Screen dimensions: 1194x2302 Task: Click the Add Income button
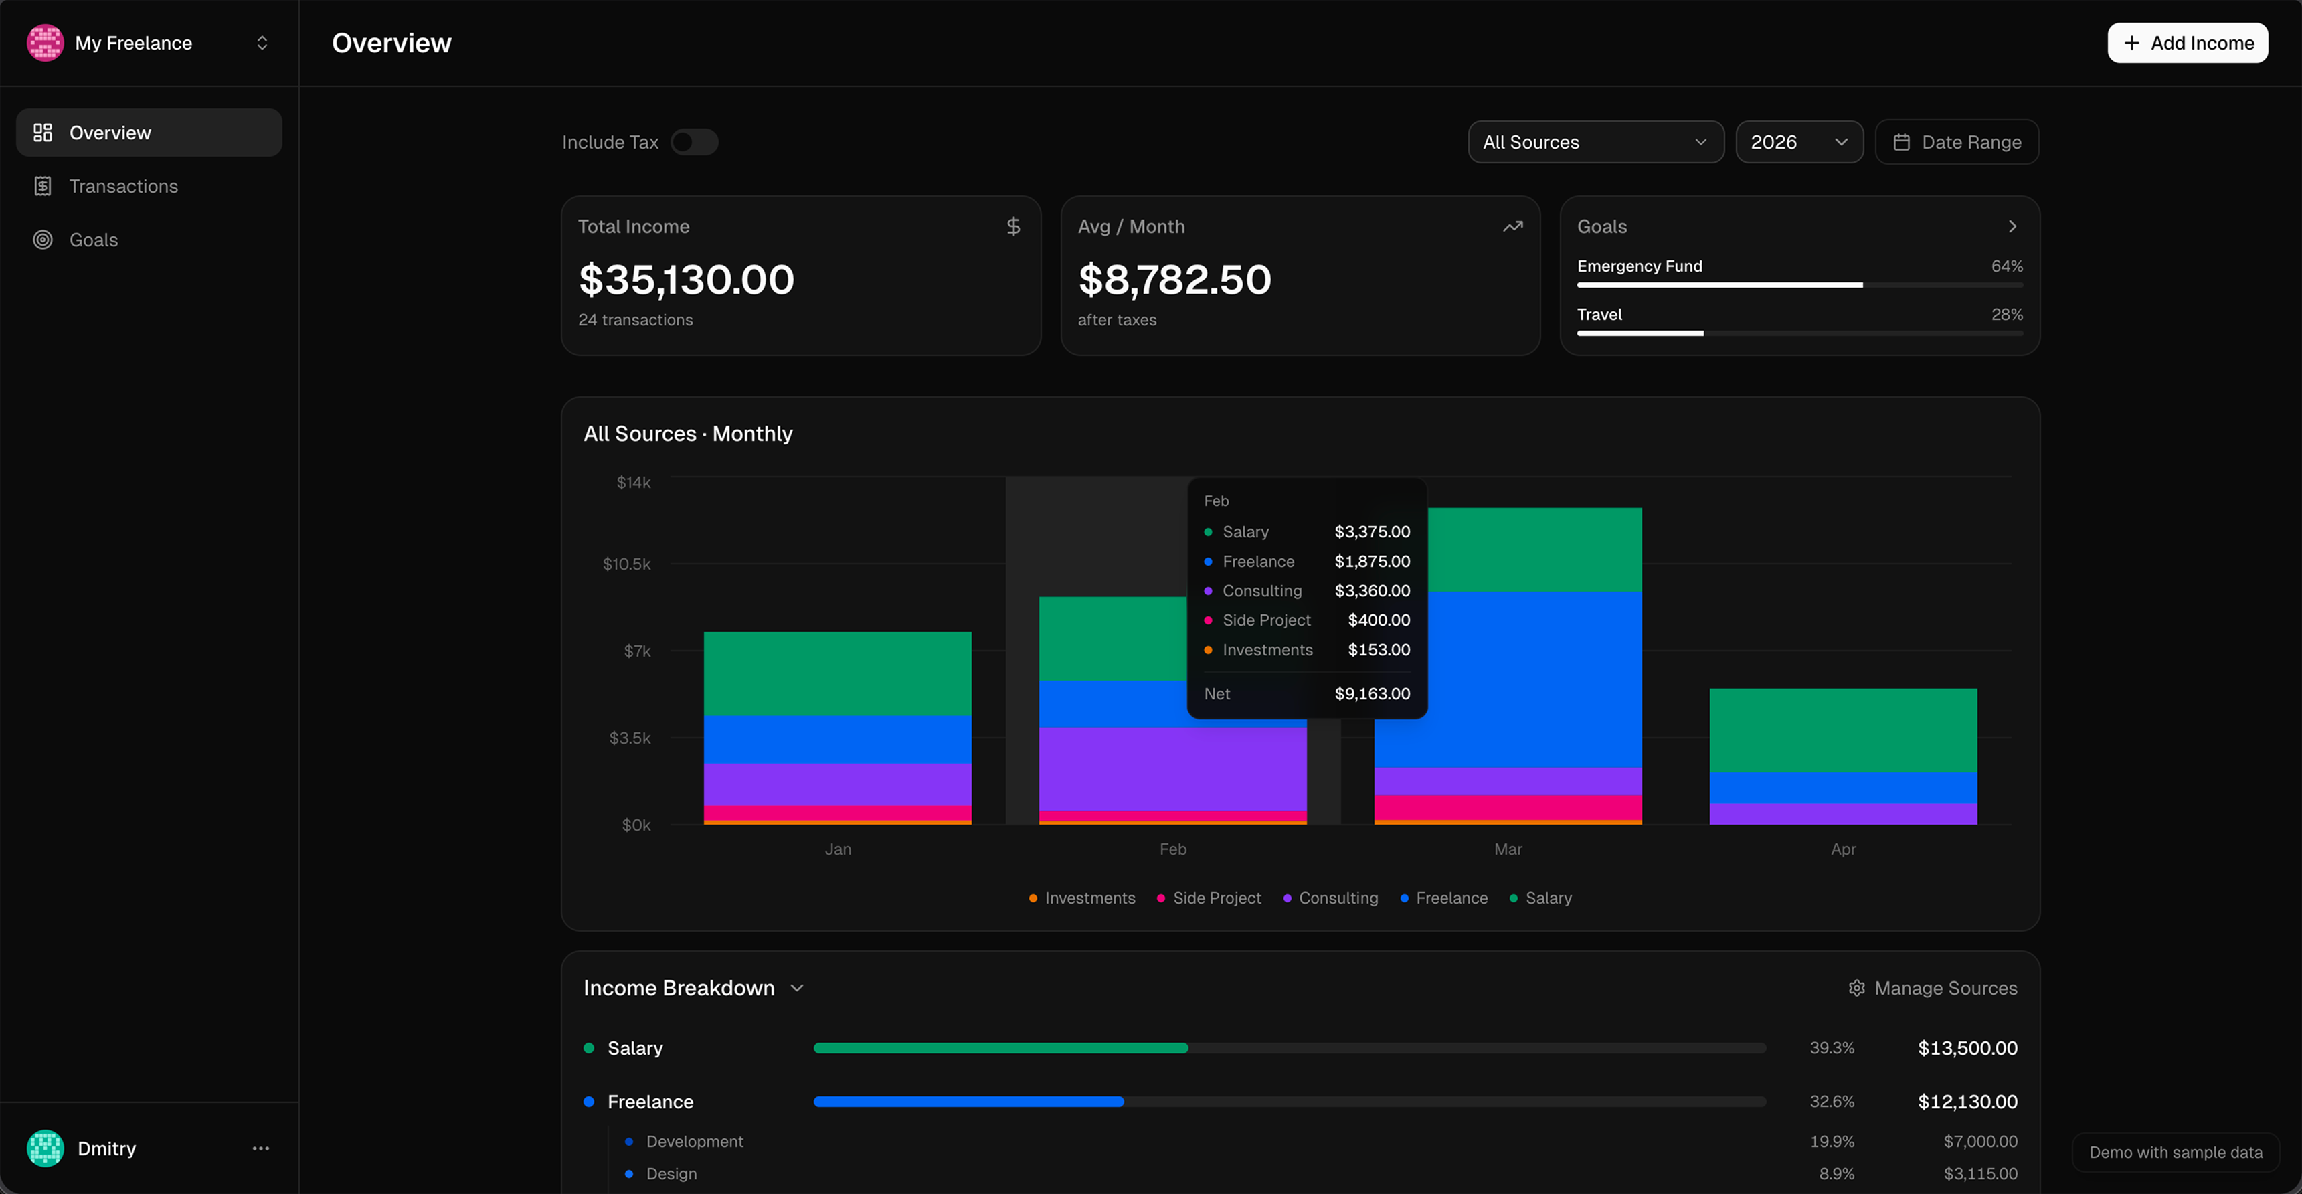pos(2187,43)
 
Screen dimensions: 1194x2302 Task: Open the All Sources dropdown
pos(1595,142)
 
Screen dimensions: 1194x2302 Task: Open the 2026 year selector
pos(1798,142)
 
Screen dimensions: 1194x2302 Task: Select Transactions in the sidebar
pos(123,186)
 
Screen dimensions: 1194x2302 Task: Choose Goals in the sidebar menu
pos(93,240)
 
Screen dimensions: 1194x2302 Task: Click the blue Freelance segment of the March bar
pos(1508,679)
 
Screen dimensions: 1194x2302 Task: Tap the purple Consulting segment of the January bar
pos(836,784)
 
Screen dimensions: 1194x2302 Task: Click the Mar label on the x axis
pos(1508,849)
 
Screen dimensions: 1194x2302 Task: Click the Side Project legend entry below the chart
pos(1215,898)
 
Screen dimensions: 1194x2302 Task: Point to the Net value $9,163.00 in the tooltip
pos(1372,693)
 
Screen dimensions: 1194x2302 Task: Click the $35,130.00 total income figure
pos(687,280)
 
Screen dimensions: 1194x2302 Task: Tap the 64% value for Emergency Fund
pos(2006,266)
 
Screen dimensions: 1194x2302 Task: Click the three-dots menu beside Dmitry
pos(261,1148)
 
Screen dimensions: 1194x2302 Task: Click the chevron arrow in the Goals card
pos(2012,226)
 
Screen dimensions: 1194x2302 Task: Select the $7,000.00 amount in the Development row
pos(1979,1141)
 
